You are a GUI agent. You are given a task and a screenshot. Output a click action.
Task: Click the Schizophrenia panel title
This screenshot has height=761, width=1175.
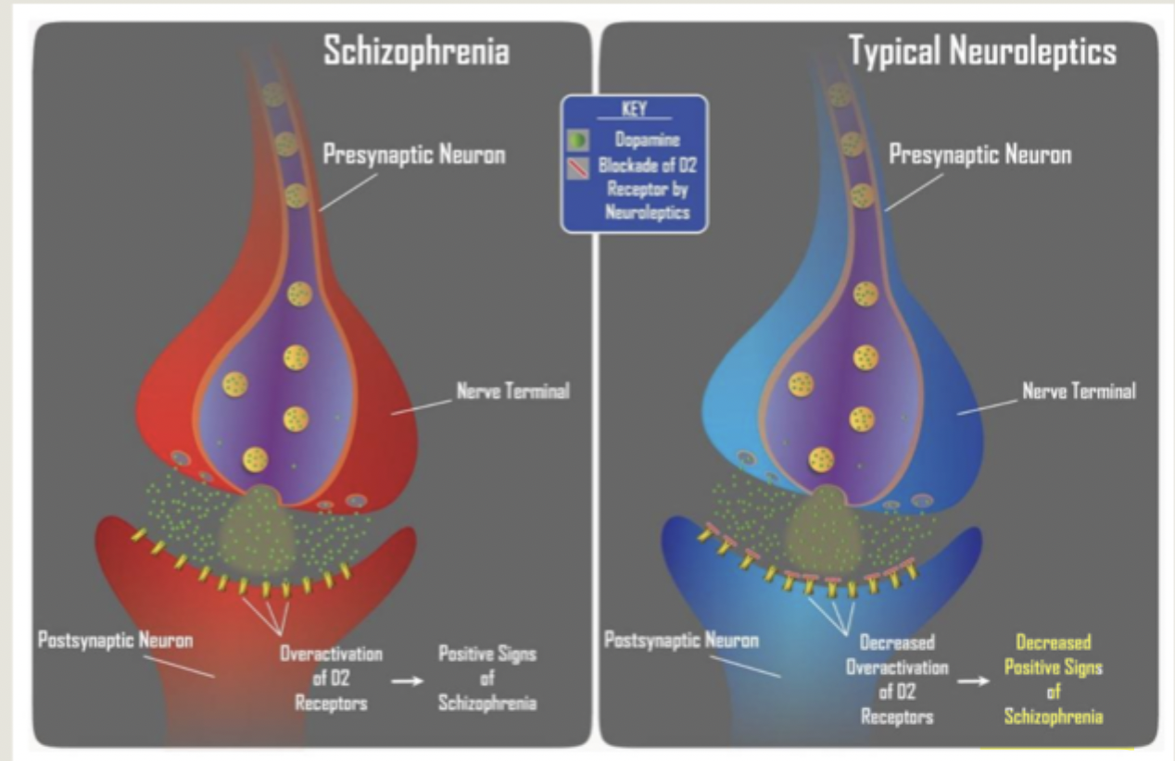pos(415,51)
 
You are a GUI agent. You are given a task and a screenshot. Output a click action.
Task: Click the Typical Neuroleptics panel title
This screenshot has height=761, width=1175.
pos(983,52)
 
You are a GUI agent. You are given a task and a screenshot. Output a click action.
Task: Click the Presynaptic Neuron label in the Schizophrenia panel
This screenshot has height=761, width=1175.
pos(414,155)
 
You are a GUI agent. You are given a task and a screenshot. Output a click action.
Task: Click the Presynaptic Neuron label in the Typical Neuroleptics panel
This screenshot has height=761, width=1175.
pos(979,155)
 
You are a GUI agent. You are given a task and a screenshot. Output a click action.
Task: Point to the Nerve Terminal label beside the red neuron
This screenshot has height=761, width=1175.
pos(512,391)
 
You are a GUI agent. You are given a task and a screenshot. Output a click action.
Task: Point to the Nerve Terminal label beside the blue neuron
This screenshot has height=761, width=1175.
pos(1079,391)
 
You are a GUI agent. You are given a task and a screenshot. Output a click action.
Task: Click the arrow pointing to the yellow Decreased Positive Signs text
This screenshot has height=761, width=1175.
pos(973,680)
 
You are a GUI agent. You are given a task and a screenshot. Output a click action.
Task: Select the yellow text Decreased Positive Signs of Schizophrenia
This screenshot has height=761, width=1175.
pos(1053,680)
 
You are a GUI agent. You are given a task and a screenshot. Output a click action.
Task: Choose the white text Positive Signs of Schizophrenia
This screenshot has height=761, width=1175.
pos(487,679)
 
